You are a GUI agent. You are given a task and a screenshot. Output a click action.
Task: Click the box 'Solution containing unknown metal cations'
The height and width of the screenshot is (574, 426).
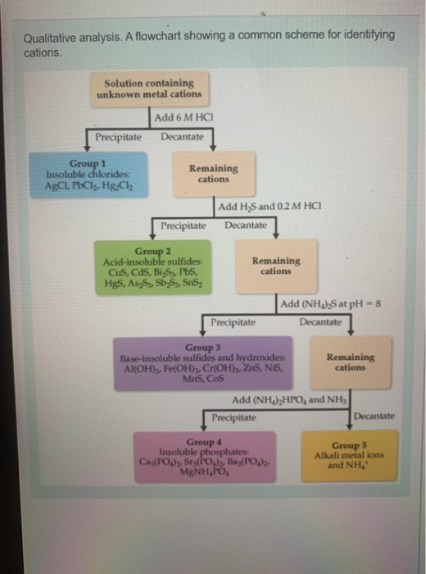(x=148, y=89)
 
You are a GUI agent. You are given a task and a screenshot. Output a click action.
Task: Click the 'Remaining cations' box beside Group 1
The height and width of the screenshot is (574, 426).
(x=214, y=173)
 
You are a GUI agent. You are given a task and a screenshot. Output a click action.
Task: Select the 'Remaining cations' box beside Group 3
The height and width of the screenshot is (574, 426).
(x=351, y=362)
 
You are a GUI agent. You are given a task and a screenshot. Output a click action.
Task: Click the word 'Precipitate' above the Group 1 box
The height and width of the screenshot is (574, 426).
(x=118, y=136)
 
